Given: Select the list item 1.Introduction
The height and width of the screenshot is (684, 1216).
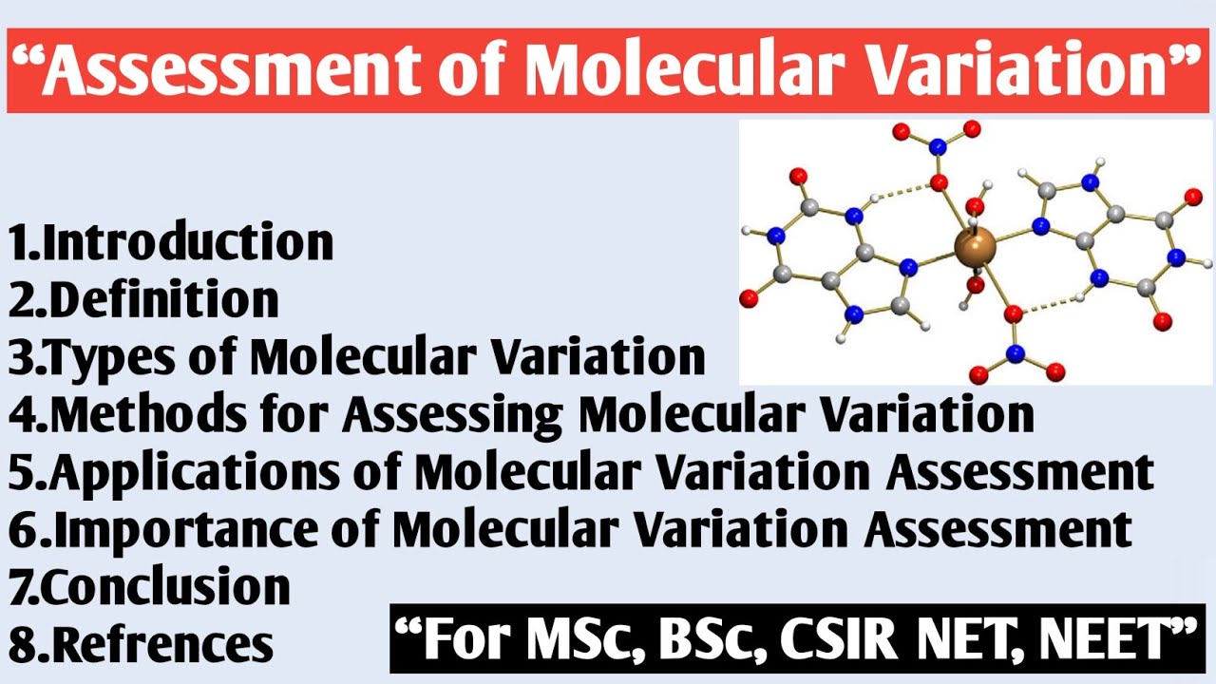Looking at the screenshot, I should tap(172, 242).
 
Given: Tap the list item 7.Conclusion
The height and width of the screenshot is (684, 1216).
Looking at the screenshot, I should tap(150, 586).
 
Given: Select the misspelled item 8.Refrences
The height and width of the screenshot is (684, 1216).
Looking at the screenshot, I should tap(141, 644).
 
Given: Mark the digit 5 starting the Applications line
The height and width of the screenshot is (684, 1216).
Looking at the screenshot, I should tap(22, 472).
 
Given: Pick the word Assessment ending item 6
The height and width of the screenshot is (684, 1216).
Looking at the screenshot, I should tap(997, 529).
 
